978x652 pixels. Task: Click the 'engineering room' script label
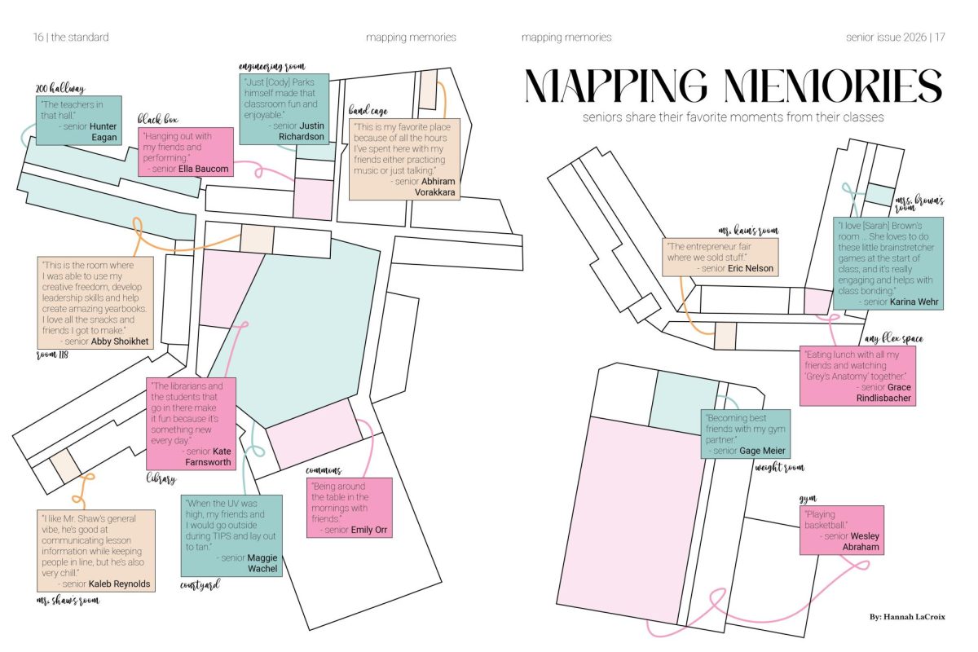click(x=271, y=66)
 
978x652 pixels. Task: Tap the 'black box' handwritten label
click(x=157, y=119)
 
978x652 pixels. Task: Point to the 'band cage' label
click(x=368, y=111)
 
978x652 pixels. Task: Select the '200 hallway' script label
click(x=60, y=89)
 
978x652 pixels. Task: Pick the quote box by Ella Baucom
click(x=186, y=152)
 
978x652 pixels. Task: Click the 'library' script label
click(x=161, y=478)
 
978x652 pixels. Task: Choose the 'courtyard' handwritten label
click(x=200, y=584)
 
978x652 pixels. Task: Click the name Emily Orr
click(x=369, y=530)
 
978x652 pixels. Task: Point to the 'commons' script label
click(x=324, y=470)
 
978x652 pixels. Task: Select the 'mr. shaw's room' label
click(x=68, y=601)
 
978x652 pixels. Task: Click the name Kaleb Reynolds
click(x=119, y=584)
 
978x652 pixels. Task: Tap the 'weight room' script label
click(x=780, y=468)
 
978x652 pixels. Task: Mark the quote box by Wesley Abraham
click(x=842, y=531)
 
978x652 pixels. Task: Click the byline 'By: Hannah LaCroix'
click(x=907, y=617)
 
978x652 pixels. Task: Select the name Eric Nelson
click(x=750, y=268)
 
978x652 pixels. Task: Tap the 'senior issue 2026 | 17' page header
click(x=896, y=37)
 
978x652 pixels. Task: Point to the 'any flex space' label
click(x=894, y=338)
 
